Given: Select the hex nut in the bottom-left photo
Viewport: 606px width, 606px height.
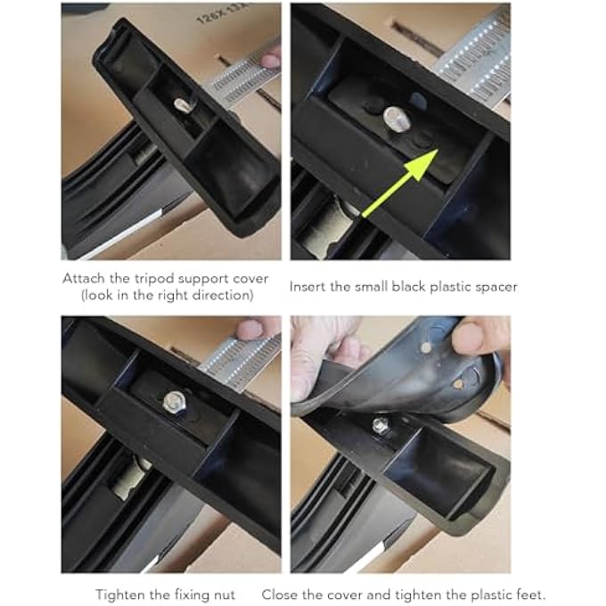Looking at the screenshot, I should point(173,403).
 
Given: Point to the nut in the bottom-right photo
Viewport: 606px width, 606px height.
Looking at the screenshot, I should point(381,426).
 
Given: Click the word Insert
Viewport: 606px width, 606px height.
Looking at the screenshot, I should point(308,287).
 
